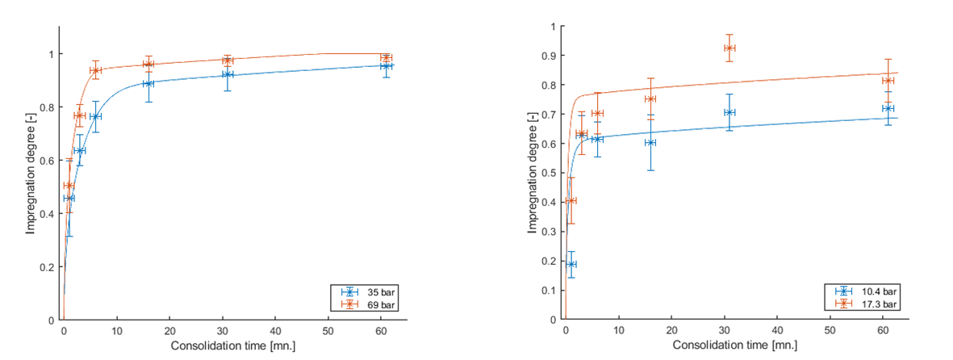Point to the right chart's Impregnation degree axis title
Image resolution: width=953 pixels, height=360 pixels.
pyautogui.click(x=532, y=173)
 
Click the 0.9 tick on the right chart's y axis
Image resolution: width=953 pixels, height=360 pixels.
pyautogui.click(x=550, y=57)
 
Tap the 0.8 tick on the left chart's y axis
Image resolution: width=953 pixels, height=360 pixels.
pyautogui.click(x=48, y=107)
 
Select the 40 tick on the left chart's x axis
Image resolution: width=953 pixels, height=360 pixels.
pyautogui.click(x=275, y=331)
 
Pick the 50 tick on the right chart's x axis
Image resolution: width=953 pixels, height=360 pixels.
pyautogui.click(x=830, y=331)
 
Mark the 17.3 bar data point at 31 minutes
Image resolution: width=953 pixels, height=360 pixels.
pyautogui.click(x=729, y=48)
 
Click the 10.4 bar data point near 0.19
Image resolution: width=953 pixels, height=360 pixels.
pyautogui.click(x=571, y=264)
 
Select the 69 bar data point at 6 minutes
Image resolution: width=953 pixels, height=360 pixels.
pyautogui.click(x=95, y=70)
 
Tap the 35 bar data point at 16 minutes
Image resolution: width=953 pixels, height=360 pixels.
pyautogui.click(x=148, y=84)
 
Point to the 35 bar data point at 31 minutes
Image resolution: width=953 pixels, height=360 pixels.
pyautogui.click(x=228, y=75)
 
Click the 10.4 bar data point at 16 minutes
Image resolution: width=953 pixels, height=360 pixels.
pyautogui.click(x=650, y=143)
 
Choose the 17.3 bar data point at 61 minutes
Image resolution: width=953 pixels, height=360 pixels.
pyautogui.click(x=888, y=81)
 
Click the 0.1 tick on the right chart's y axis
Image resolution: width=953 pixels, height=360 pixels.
pyautogui.click(x=550, y=290)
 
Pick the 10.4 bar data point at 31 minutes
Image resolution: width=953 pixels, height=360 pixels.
pyautogui.click(x=729, y=112)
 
